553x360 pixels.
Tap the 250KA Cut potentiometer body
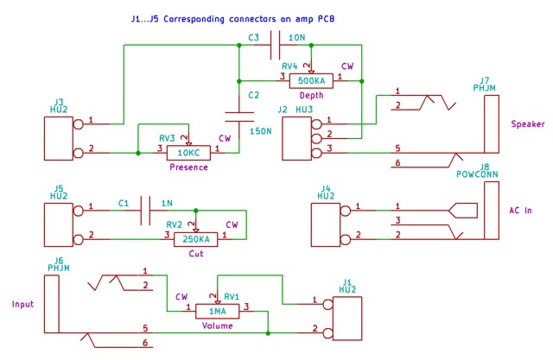tap(196, 238)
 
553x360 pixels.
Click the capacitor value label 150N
tap(261, 130)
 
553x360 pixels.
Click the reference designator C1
tap(123, 204)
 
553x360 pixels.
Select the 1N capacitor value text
tap(167, 204)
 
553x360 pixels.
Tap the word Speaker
tap(527, 123)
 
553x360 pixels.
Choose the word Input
tap(23, 304)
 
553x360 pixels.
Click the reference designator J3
tap(58, 102)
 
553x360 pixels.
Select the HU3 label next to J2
tap(304, 110)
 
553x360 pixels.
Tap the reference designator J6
tap(58, 260)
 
